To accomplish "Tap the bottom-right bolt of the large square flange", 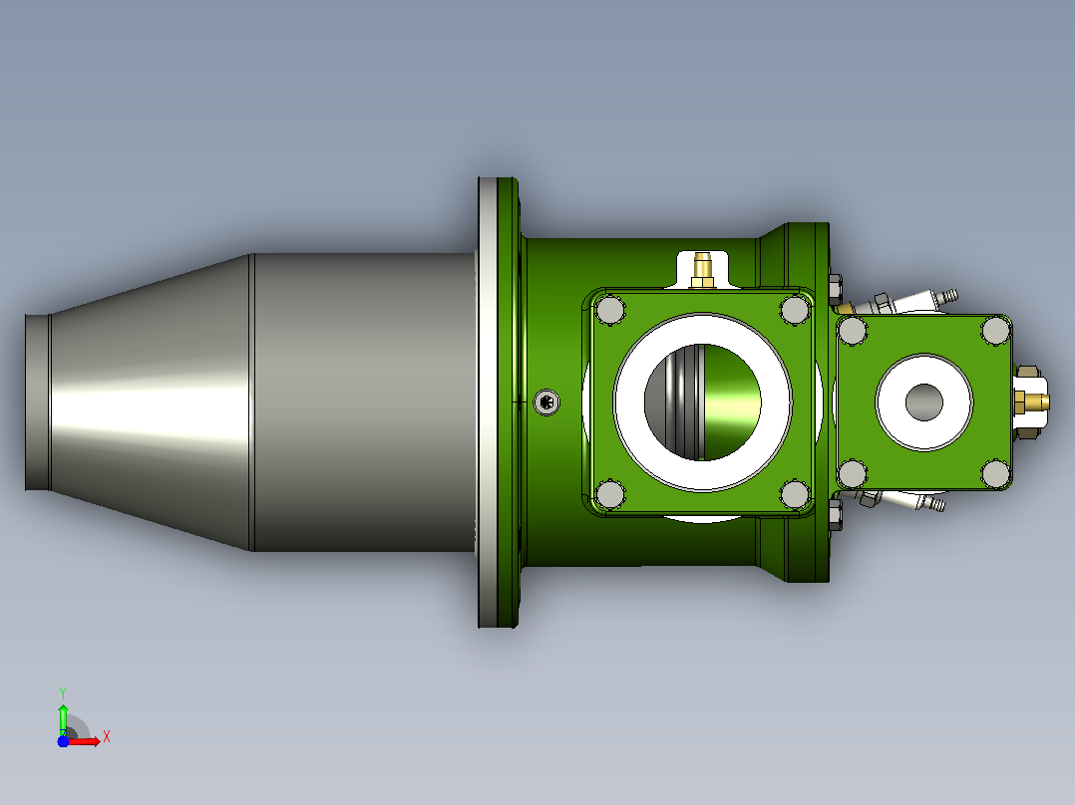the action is click(x=796, y=494).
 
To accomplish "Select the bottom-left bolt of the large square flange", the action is click(x=609, y=494).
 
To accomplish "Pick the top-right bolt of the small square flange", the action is click(x=995, y=330).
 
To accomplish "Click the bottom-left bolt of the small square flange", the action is click(x=853, y=474).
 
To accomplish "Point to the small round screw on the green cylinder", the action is click(x=546, y=402).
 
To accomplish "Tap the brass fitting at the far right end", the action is click(x=1031, y=402).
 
